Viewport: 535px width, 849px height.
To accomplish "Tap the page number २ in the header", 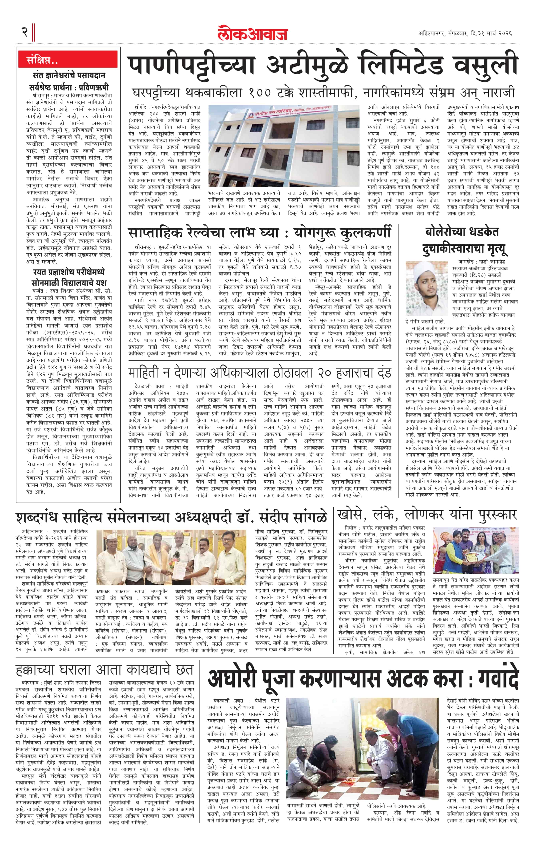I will (x=24, y=32).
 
